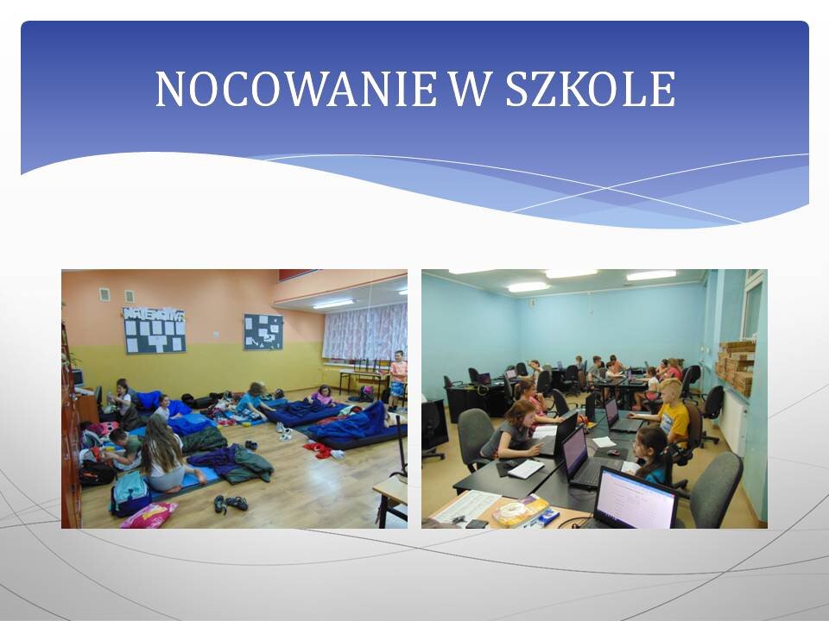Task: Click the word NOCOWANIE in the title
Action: tap(296, 89)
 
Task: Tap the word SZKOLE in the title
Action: tap(591, 89)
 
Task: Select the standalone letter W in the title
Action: tap(471, 89)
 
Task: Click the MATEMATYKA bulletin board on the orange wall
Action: tap(154, 330)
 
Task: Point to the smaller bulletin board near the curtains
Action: tap(263, 331)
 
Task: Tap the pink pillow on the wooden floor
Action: tap(149, 515)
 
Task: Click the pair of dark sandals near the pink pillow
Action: tap(231, 504)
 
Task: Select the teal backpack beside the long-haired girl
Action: tap(130, 493)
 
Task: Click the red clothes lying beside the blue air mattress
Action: tap(319, 450)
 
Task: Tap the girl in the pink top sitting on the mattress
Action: tap(322, 395)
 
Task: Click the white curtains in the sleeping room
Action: tap(364, 332)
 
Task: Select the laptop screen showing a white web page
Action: tap(636, 499)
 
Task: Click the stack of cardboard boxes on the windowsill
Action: tap(736, 367)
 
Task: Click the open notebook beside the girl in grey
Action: tap(525, 469)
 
